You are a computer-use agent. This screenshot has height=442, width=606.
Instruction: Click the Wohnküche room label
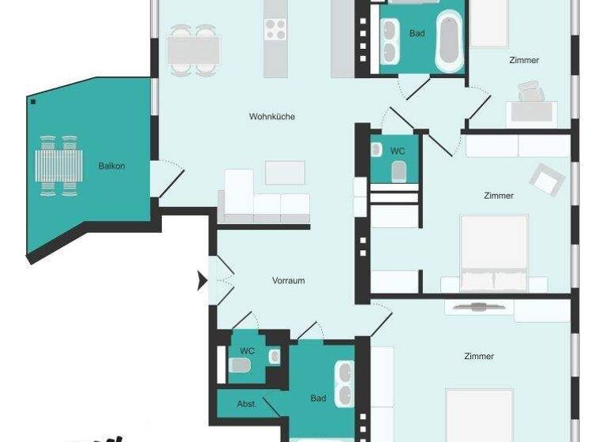pyautogui.click(x=271, y=117)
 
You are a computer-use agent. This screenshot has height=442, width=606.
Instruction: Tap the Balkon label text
pyautogui.click(x=111, y=166)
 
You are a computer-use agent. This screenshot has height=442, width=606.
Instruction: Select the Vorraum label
pyautogui.click(x=288, y=281)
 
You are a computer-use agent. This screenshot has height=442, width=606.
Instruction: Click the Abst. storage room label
pyautogui.click(x=247, y=403)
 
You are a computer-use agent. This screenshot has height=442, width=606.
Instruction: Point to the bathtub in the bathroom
pyautogui.click(x=450, y=36)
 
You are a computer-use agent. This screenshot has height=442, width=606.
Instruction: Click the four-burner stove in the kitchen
pyautogui.click(x=275, y=30)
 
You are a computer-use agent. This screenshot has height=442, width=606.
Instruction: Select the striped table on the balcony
pyautogui.click(x=58, y=166)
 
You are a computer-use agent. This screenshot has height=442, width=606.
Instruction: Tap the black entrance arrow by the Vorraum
pyautogui.click(x=202, y=280)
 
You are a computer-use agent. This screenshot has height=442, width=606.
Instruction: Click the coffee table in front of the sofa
pyautogui.click(x=285, y=172)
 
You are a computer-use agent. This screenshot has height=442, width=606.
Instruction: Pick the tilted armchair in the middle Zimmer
pyautogui.click(x=546, y=180)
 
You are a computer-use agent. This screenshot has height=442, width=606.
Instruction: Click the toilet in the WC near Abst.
pyautogui.click(x=240, y=365)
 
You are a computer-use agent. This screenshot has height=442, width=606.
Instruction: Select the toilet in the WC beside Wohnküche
pyautogui.click(x=399, y=170)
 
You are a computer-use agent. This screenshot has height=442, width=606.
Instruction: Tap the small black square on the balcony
pyautogui.click(x=32, y=102)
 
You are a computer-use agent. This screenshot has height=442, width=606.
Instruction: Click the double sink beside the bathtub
pyautogui.click(x=390, y=41)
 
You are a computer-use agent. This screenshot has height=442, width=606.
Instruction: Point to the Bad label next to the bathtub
pyautogui.click(x=417, y=34)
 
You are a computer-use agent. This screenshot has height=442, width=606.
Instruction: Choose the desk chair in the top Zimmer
pyautogui.click(x=530, y=95)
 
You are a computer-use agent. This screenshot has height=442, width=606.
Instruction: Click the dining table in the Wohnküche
pyautogui.click(x=193, y=50)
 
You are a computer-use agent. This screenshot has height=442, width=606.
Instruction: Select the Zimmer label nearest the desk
pyautogui.click(x=524, y=60)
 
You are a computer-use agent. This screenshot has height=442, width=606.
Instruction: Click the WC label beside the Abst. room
pyautogui.click(x=247, y=351)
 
